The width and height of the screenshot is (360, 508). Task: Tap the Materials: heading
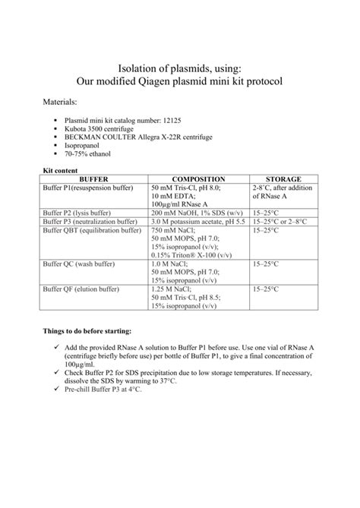click(x=62, y=102)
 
